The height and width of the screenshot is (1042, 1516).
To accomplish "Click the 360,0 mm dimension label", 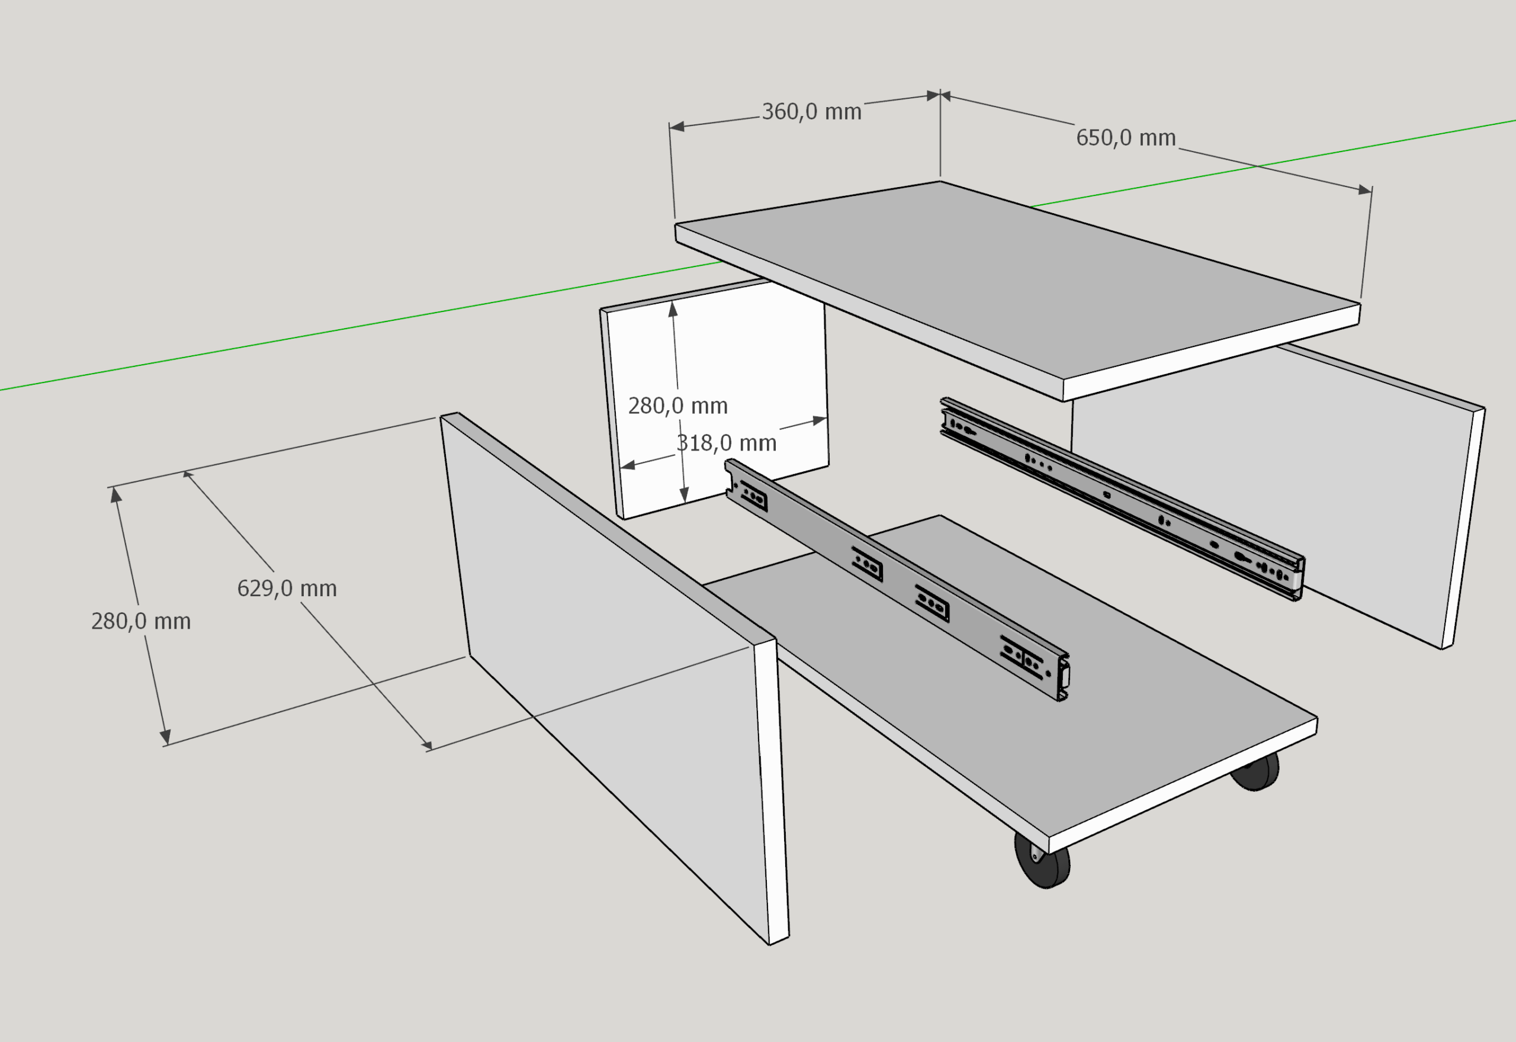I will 811,112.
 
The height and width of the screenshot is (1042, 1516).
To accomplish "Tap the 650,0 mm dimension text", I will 1126,138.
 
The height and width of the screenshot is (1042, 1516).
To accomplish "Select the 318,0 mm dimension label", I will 726,443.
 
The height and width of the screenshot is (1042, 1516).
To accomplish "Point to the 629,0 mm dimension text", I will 287,588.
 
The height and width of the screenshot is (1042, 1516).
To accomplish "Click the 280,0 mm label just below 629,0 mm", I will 141,621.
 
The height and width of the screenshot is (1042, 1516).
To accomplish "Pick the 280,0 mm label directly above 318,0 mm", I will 677,406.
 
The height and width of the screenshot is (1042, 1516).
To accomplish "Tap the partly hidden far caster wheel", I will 1257,773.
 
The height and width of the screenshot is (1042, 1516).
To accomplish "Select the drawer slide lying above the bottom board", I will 901,574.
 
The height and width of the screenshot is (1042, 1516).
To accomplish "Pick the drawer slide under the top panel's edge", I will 1123,496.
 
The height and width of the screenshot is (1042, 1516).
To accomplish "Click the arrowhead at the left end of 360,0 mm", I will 677,127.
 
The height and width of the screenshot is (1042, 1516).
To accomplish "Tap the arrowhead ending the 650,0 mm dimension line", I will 1364,190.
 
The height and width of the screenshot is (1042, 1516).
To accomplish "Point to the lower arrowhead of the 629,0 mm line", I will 426,745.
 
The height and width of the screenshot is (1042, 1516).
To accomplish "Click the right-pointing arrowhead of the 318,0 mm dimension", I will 820,421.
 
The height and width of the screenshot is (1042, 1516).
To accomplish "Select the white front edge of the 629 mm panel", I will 772,790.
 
